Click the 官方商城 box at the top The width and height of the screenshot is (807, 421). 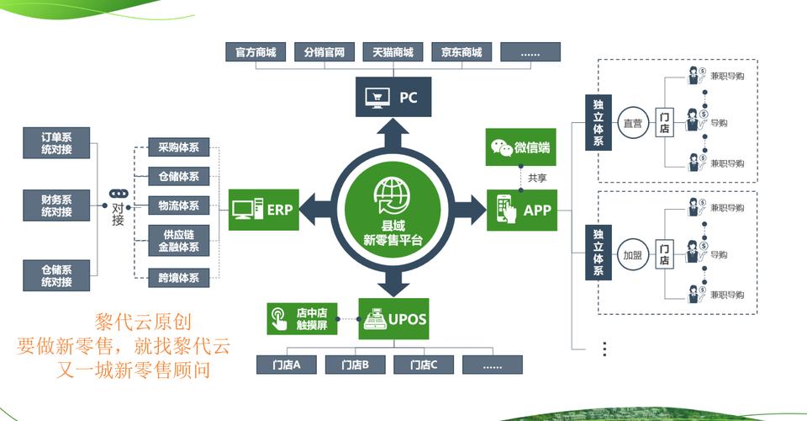(x=256, y=52)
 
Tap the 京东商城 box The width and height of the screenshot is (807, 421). (x=462, y=52)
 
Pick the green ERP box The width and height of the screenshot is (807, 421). (x=263, y=210)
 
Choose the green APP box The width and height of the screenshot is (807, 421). (x=522, y=210)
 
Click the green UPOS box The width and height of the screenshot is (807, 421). (x=393, y=319)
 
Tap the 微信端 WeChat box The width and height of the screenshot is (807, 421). (x=521, y=147)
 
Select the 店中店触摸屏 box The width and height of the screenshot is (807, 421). (x=303, y=319)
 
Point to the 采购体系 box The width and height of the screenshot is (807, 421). (x=178, y=147)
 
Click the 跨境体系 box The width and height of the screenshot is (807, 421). (x=178, y=277)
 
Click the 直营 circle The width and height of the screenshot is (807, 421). (x=632, y=123)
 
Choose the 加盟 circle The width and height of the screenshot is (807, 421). (x=632, y=254)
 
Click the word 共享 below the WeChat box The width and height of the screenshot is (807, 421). (x=537, y=179)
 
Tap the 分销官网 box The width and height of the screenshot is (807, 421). (x=324, y=52)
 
